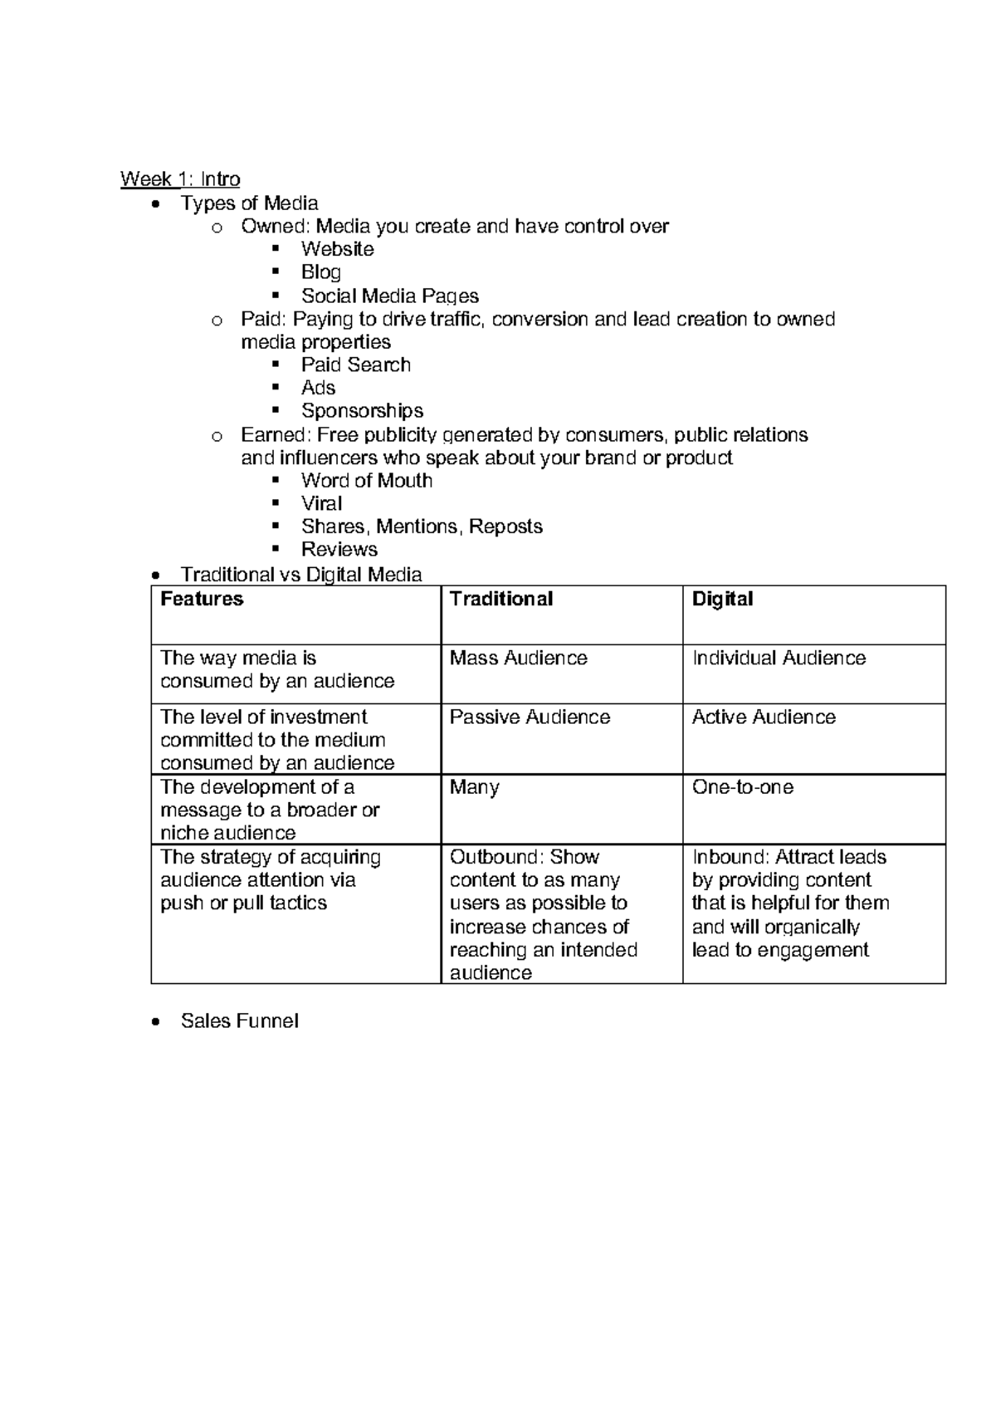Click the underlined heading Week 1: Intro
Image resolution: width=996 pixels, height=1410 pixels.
pos(180,179)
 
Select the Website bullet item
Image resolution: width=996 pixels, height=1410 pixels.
pos(337,249)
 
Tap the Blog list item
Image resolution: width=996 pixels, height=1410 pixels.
pos(320,272)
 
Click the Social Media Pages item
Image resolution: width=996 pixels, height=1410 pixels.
pos(389,296)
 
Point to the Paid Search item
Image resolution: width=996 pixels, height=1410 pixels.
pos(355,365)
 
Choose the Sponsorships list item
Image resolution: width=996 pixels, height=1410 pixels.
pos(362,411)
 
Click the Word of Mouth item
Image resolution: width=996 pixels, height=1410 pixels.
pos(366,481)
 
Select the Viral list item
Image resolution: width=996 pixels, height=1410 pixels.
pos(321,504)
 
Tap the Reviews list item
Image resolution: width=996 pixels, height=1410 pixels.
pos(339,550)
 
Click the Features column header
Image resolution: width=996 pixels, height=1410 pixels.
pos(202,600)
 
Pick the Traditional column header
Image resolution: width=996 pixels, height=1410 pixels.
pos(500,600)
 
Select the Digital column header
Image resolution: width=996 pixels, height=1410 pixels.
pos(722,600)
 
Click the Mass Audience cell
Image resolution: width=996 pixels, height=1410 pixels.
pos(518,658)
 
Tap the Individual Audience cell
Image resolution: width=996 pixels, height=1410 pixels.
pos(779,658)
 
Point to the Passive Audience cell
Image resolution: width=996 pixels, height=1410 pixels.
pos(530,717)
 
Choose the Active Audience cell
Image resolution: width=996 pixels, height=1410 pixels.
pos(764,717)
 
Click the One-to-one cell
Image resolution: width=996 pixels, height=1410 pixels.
pos(742,787)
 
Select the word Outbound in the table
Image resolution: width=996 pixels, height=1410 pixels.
pos(484,858)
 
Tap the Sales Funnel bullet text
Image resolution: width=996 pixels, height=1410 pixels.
pos(239,1021)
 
